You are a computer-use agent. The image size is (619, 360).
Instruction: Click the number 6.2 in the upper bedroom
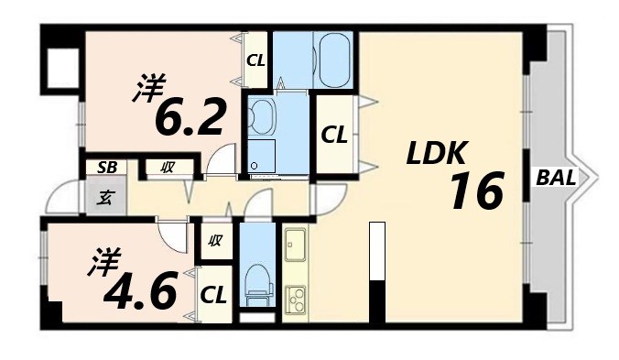pyautogui.click(x=190, y=116)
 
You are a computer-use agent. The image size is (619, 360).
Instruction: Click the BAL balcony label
pyautogui.click(x=555, y=179)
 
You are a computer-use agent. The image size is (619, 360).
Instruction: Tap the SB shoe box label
pyautogui.click(x=107, y=168)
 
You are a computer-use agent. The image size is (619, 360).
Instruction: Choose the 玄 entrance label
pyautogui.click(x=106, y=195)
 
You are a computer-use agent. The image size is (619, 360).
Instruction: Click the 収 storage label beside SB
pyautogui.click(x=168, y=168)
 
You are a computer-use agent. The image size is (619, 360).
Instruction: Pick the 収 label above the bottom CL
pyautogui.click(x=215, y=242)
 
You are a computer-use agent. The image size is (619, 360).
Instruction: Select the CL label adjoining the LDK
pyautogui.click(x=333, y=136)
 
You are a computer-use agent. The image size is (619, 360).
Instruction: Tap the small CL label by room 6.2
pyautogui.click(x=255, y=62)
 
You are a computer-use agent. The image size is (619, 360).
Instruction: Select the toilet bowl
pyautogui.click(x=258, y=279)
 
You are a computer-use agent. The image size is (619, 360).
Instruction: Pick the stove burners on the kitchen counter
pyautogui.click(x=297, y=298)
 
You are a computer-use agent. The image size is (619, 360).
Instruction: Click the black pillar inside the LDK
pyautogui.click(x=375, y=298)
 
